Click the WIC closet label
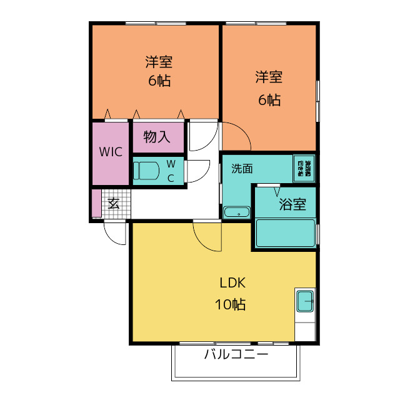click(x=111, y=152)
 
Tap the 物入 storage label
click(x=157, y=137)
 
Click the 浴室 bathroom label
click(x=292, y=204)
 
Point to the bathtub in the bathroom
click(x=285, y=232)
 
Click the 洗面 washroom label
click(x=242, y=168)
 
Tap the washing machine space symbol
click(x=305, y=167)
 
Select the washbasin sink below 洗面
click(x=236, y=214)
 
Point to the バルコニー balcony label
click(x=236, y=355)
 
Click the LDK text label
click(x=232, y=282)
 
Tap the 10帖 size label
click(x=231, y=305)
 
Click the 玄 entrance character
click(x=114, y=203)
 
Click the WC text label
click(x=171, y=171)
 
